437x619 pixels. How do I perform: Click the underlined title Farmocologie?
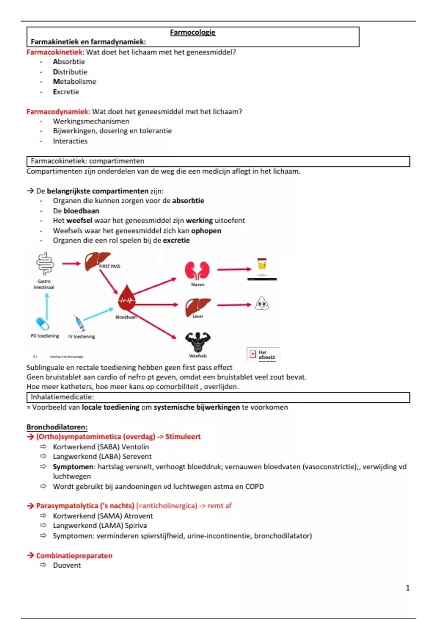tap(193, 32)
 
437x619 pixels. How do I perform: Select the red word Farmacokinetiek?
tap(55, 52)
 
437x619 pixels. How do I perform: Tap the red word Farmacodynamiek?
tap(57, 112)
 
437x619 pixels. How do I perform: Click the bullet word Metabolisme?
tap(75, 82)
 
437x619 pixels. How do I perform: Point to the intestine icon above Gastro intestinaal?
tap(45, 263)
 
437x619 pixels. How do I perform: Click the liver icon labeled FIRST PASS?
tap(97, 261)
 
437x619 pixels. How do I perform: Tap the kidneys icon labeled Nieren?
tap(197, 271)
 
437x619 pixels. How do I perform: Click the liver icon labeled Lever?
tap(198, 306)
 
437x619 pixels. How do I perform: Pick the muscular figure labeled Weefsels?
tap(198, 342)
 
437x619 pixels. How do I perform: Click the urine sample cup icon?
tap(262, 264)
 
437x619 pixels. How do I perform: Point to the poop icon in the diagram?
tap(261, 303)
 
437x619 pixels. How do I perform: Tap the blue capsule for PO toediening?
tap(43, 324)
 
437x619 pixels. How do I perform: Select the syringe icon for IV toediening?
tap(79, 323)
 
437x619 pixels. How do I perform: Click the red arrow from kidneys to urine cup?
tap(234, 269)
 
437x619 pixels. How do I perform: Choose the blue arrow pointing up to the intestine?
tap(47, 306)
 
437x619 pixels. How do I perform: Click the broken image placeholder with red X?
tap(253, 354)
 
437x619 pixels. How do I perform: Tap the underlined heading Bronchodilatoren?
tap(57, 427)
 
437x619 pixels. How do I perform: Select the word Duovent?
tap(67, 565)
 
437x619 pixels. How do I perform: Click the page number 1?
tap(408, 588)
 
